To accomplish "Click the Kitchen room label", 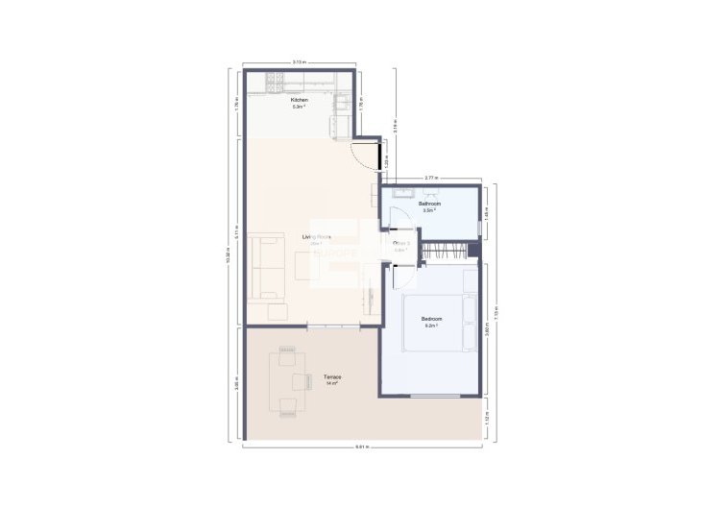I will click(299, 100).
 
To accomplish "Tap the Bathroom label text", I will click(430, 204).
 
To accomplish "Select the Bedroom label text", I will click(431, 319).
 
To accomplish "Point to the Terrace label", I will click(332, 377).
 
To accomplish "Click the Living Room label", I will click(317, 236).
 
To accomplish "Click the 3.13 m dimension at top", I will click(299, 62).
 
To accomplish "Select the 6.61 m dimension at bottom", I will click(361, 447).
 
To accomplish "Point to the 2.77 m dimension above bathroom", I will click(432, 178).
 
